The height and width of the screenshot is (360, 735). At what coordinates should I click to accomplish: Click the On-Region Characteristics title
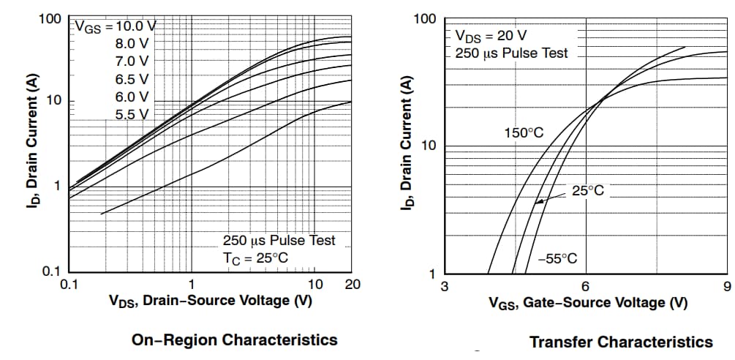(234, 340)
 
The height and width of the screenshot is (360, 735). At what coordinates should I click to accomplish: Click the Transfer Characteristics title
(620, 342)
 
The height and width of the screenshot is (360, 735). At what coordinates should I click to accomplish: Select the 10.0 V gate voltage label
(135, 26)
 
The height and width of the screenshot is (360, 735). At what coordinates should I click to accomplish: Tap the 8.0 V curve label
(132, 43)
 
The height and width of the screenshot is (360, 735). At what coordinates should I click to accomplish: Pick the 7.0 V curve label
(132, 61)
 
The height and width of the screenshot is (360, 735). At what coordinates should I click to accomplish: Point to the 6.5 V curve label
(132, 78)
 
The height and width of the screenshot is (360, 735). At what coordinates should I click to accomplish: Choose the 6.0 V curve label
(132, 96)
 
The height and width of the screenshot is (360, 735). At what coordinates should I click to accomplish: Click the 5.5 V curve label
(132, 113)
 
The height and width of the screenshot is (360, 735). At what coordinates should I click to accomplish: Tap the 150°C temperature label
(524, 133)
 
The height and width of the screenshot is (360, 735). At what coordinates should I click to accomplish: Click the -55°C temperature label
(557, 258)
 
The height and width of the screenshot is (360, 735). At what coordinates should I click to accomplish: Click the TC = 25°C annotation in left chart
(255, 258)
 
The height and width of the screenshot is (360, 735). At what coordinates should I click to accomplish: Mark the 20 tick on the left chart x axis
(352, 284)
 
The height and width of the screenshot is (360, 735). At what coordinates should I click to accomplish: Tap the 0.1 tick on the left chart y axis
(51, 271)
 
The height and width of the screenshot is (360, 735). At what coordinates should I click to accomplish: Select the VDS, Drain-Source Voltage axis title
(211, 301)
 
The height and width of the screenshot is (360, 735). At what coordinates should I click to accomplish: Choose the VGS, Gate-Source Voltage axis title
(588, 302)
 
